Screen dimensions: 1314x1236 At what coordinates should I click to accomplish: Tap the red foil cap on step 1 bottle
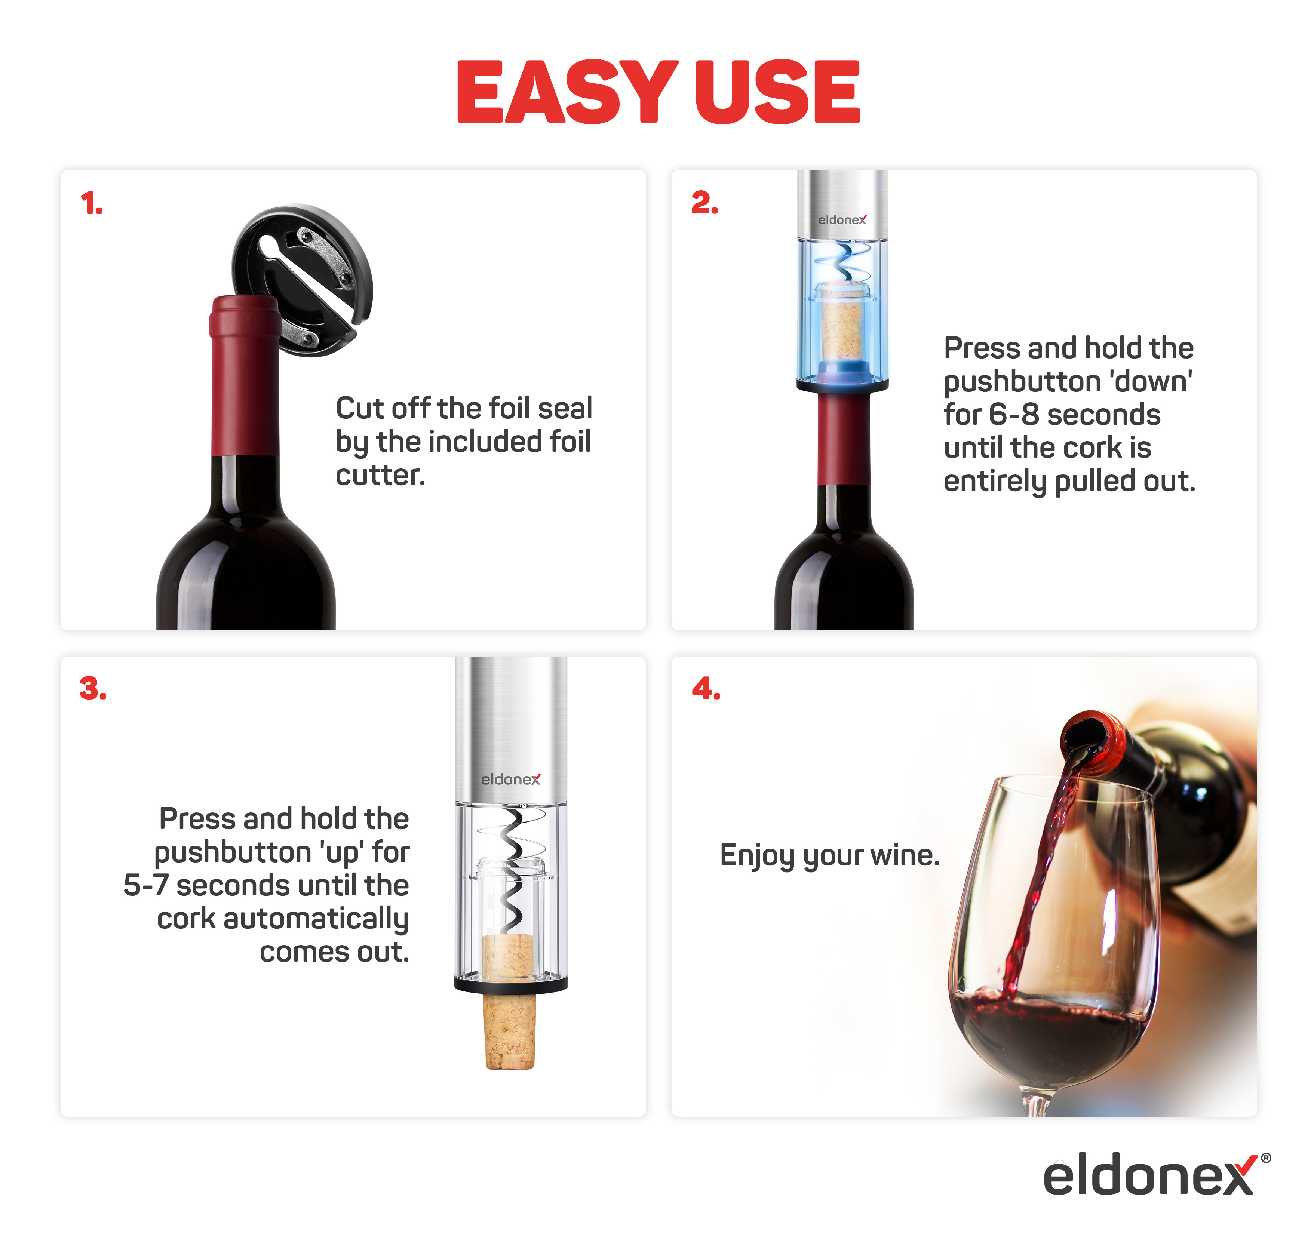coord(245,375)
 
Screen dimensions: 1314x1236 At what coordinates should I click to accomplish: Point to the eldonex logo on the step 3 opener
coord(511,779)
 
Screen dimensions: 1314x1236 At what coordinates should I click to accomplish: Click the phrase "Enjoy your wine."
coord(829,856)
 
